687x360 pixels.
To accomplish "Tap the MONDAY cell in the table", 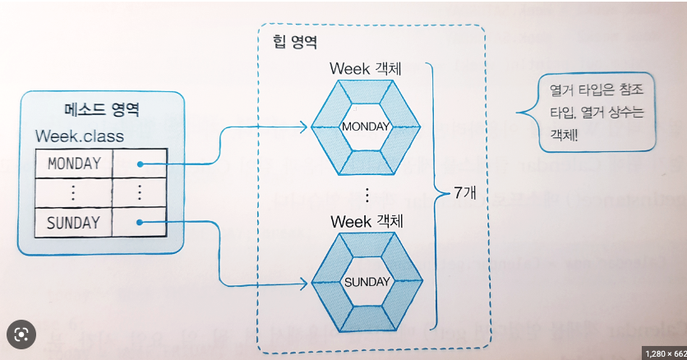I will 74,163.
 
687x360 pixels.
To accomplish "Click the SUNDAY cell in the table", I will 73,222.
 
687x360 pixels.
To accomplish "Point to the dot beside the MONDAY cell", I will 141,164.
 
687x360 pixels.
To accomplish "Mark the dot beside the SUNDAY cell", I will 141,222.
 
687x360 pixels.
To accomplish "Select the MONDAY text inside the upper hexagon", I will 366,127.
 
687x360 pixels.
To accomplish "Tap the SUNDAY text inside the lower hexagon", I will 366,282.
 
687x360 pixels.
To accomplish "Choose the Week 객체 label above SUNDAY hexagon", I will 367,221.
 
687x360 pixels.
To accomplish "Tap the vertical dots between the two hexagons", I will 367,195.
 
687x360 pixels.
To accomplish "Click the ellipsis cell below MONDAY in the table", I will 74,192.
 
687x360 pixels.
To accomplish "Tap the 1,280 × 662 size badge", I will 662,353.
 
